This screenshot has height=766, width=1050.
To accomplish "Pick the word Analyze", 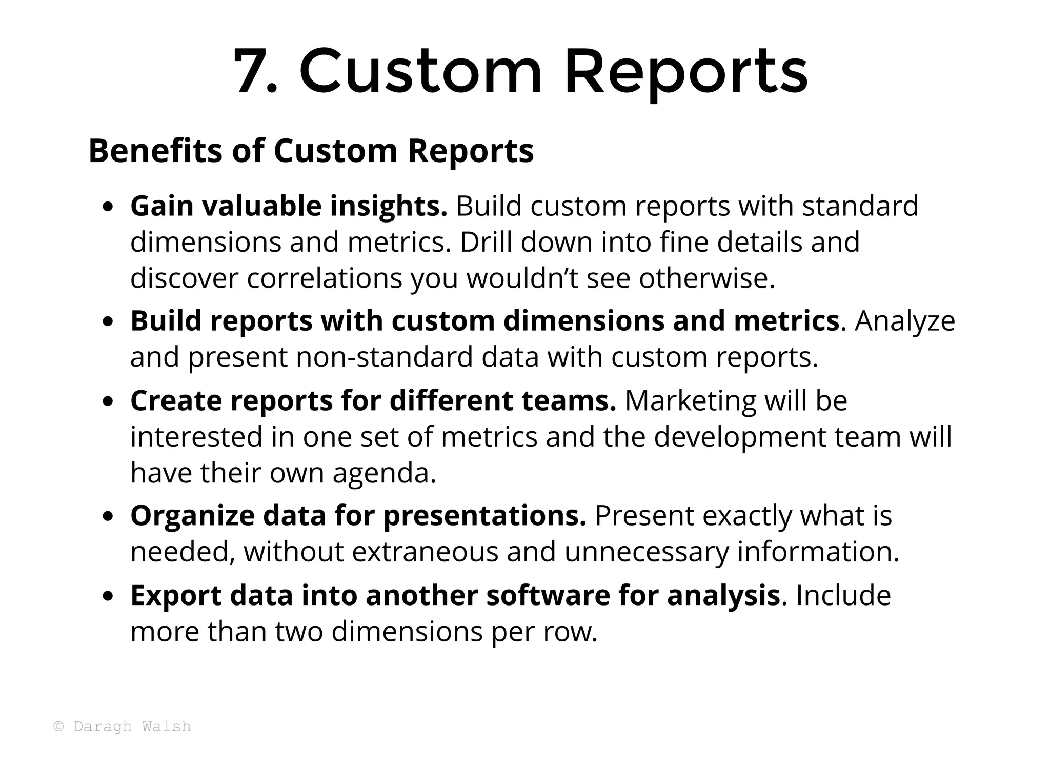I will click(905, 321).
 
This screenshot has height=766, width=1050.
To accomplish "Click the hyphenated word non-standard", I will click(384, 357).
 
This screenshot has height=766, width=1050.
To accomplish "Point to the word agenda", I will click(384, 473).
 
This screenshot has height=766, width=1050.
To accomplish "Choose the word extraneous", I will click(425, 552).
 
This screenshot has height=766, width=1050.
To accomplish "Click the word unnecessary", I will click(646, 552).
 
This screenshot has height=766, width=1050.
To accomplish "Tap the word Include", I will click(843, 596).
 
